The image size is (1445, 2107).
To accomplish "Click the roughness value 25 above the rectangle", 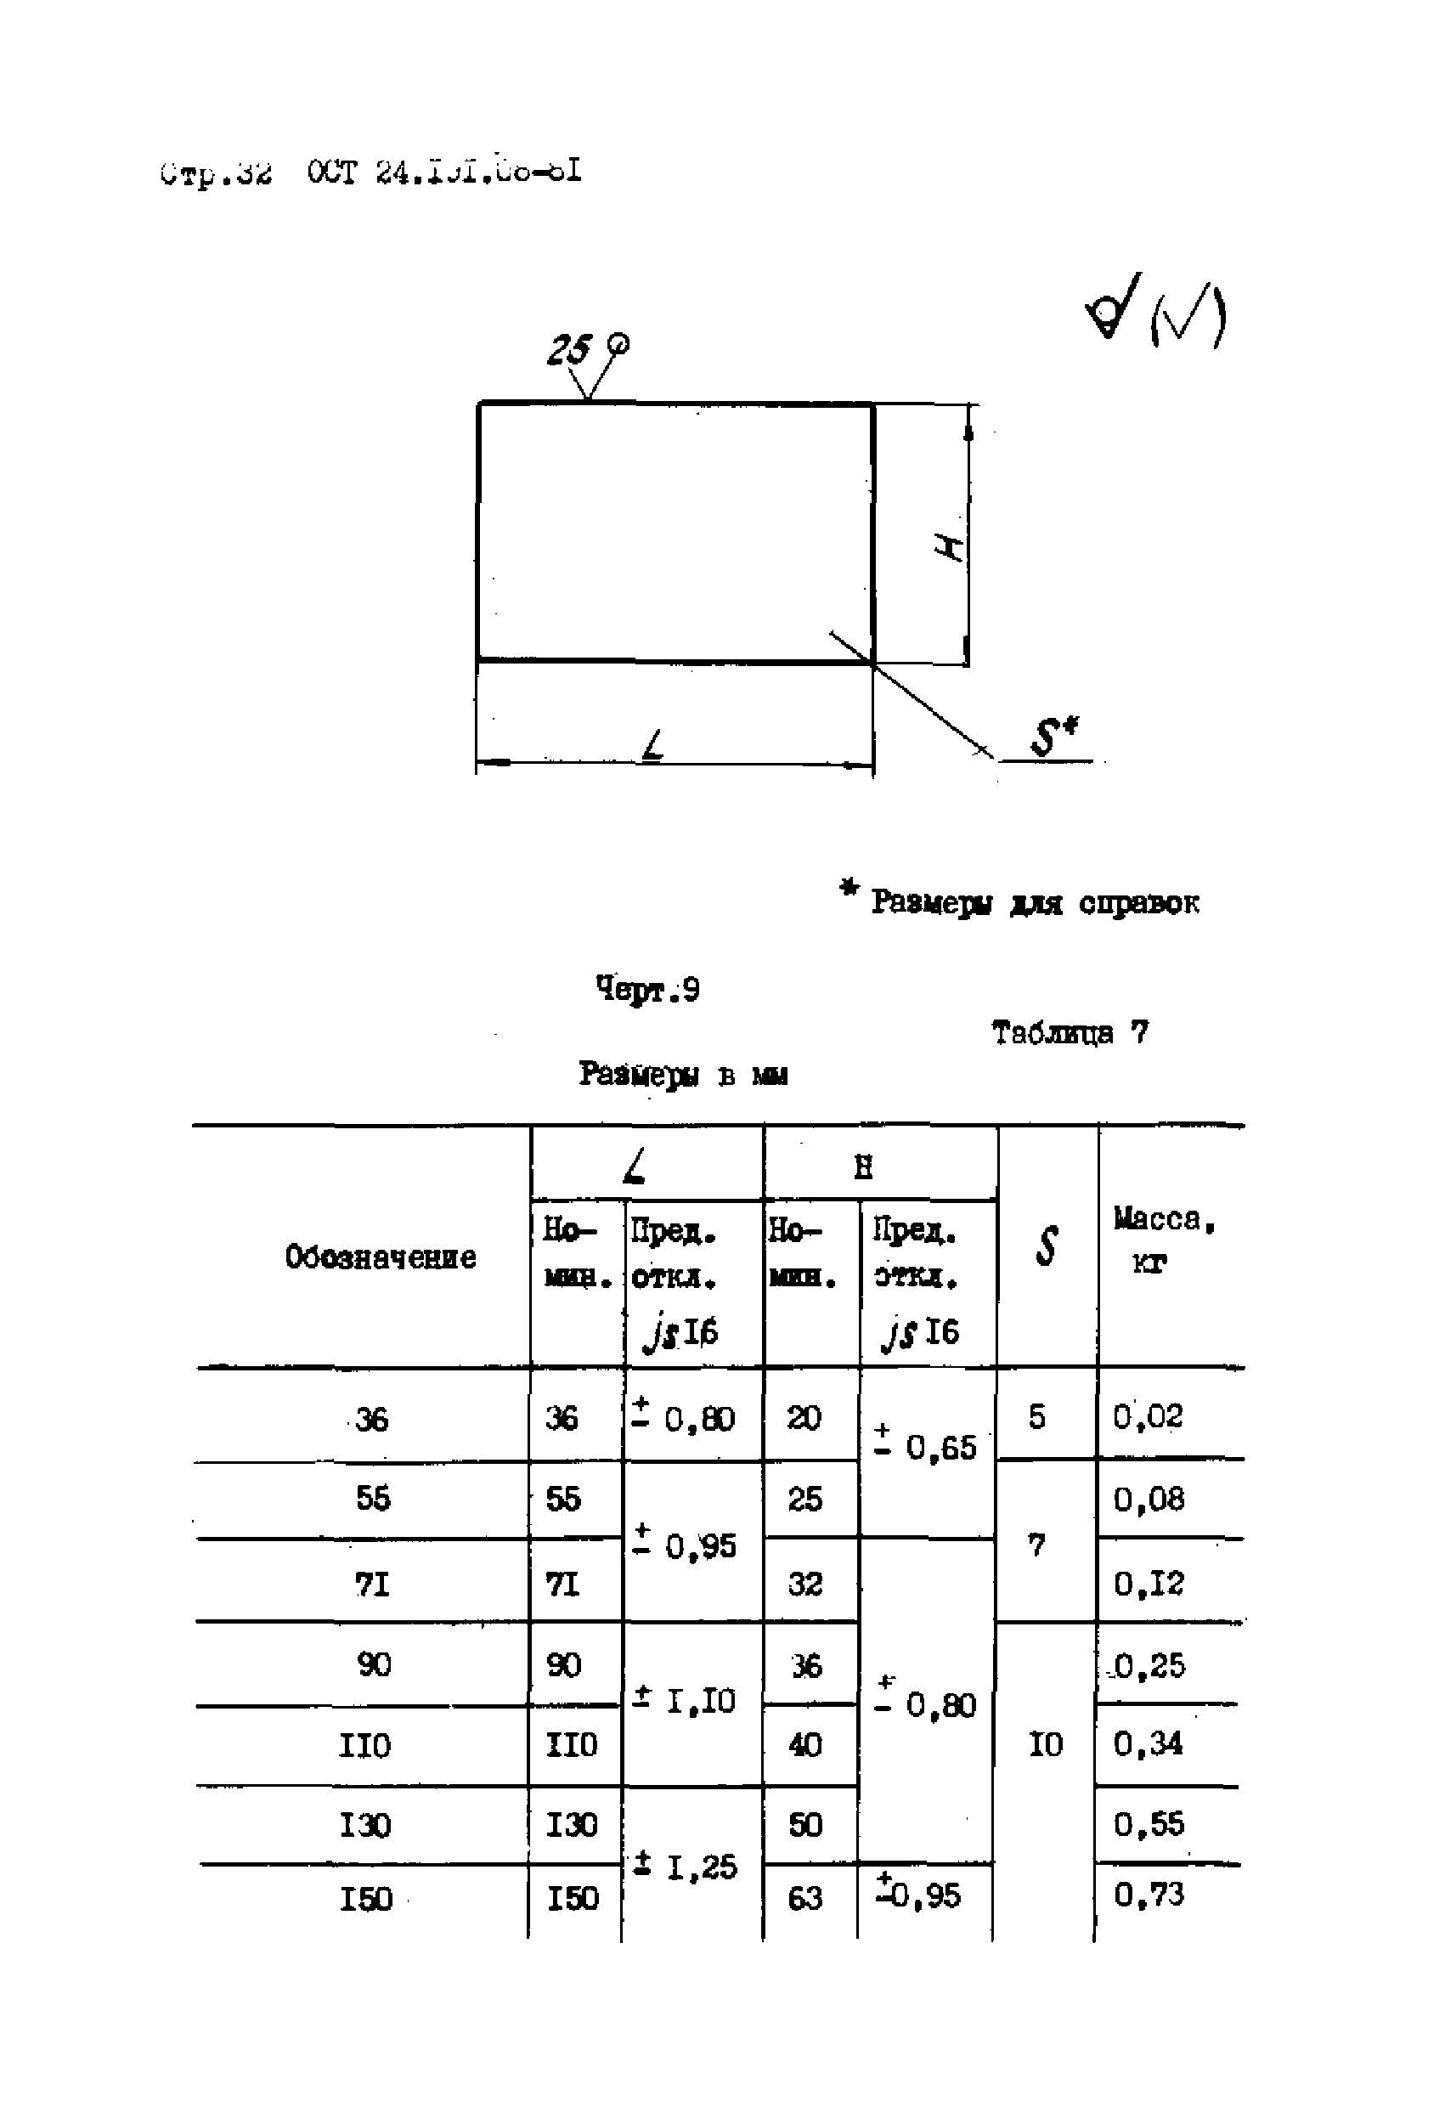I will (x=568, y=350).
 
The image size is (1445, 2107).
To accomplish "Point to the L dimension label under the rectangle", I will (x=652, y=746).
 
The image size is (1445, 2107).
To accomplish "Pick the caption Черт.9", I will (x=647, y=989).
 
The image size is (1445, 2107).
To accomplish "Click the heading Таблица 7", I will (x=1069, y=1031).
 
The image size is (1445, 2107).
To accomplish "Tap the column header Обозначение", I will (x=380, y=1257).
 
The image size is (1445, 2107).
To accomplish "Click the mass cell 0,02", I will (x=1148, y=1416).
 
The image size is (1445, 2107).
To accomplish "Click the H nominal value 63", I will (x=804, y=1897).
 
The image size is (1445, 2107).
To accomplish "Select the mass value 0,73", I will (x=1148, y=1894).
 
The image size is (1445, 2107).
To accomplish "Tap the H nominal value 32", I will (x=804, y=1584).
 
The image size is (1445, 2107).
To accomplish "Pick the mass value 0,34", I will (x=1148, y=1743).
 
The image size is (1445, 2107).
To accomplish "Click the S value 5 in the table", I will (x=1037, y=1416).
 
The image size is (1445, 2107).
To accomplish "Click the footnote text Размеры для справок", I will (x=1034, y=902).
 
